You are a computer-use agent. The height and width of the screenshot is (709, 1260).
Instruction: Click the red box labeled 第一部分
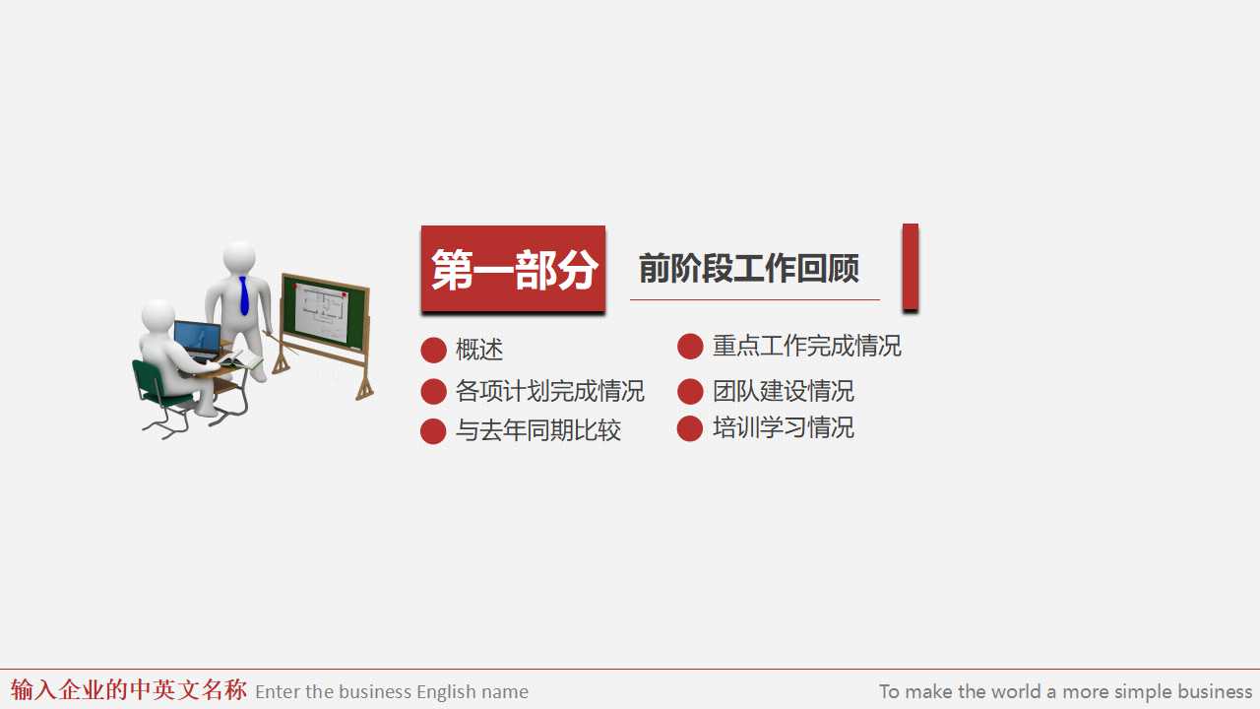click(513, 269)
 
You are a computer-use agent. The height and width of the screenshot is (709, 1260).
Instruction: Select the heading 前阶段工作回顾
click(749, 268)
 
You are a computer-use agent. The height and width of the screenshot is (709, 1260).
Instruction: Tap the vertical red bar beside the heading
click(911, 267)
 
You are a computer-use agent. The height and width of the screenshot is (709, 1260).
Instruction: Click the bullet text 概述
click(479, 350)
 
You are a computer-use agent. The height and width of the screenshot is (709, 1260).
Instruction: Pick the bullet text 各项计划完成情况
click(549, 391)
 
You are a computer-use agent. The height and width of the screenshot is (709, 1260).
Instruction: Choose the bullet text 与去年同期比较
click(537, 430)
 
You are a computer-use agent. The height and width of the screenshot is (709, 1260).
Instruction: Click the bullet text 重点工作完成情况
click(806, 346)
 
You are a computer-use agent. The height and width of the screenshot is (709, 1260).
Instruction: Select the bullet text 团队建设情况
click(783, 391)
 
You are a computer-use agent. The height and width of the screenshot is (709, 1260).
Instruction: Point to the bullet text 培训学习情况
click(783, 427)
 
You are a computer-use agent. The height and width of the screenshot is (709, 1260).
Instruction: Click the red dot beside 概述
click(433, 350)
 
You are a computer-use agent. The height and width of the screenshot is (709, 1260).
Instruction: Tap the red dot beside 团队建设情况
click(690, 391)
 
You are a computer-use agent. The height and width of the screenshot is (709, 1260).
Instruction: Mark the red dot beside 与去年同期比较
click(433, 431)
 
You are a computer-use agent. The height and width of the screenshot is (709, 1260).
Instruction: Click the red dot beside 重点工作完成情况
click(690, 347)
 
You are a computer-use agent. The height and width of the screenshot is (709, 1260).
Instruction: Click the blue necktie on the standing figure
click(243, 295)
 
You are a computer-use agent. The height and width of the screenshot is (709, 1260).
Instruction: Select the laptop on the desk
click(197, 340)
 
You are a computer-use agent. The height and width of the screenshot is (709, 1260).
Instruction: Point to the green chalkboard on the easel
click(324, 312)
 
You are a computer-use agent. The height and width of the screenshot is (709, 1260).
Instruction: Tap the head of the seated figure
click(157, 317)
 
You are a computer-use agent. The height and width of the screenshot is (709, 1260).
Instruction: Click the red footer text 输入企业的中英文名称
click(129, 689)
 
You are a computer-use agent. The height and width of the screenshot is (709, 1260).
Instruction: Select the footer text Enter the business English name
click(392, 691)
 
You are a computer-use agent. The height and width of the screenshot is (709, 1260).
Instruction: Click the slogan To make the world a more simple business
click(1065, 691)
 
